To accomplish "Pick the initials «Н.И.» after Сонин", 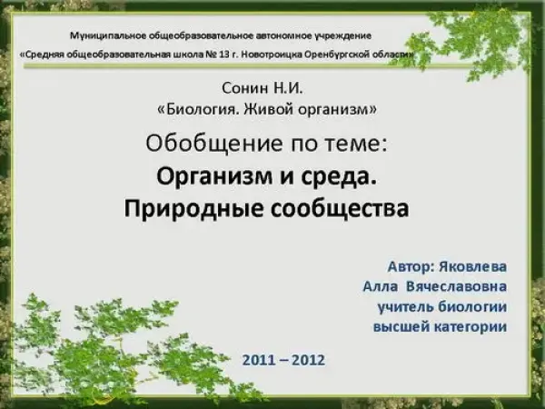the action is [288, 88].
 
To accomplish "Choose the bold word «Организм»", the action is [214, 176].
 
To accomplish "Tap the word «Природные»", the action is [193, 209].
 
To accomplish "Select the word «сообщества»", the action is [339, 209].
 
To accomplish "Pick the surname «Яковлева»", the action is [472, 267].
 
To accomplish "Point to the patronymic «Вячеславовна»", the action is [456, 287].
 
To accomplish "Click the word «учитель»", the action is [406, 307].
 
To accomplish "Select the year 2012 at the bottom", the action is [309, 360].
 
